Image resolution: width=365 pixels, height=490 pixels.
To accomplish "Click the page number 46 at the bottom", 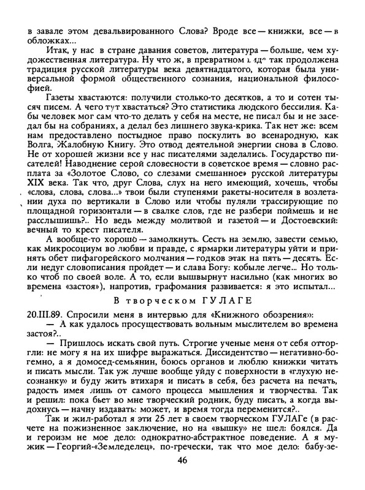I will click(x=182, y=478).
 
